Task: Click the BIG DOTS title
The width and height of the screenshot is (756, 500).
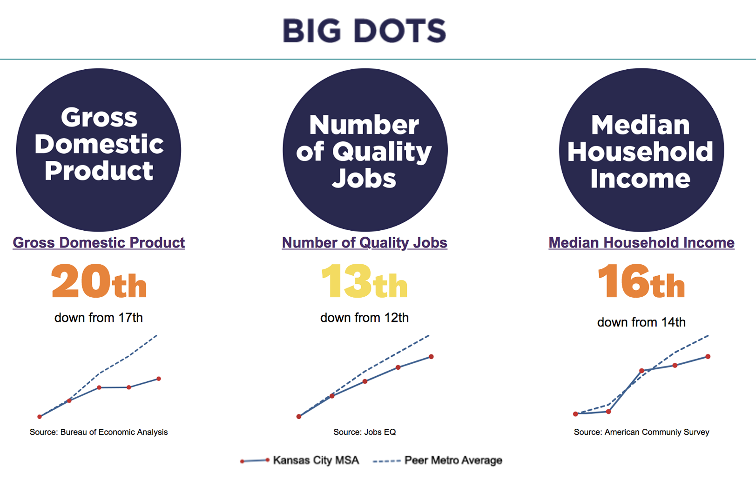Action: click(x=364, y=31)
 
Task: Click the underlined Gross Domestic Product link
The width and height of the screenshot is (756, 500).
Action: click(x=99, y=243)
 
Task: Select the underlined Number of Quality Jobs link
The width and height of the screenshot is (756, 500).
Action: click(x=364, y=243)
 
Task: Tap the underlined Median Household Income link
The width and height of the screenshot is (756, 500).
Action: click(x=641, y=243)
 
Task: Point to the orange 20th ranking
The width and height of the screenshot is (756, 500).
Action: click(x=99, y=281)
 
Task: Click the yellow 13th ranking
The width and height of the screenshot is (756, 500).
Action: click(x=364, y=281)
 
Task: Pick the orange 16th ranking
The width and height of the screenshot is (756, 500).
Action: click(x=641, y=281)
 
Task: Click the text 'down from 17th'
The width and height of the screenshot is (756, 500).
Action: click(x=99, y=318)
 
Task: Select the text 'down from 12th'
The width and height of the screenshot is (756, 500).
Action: click(x=364, y=318)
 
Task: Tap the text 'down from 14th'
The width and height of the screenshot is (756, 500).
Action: click(x=641, y=322)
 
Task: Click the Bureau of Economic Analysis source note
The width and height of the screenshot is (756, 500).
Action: click(x=99, y=432)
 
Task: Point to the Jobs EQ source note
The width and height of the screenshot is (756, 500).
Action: click(x=364, y=432)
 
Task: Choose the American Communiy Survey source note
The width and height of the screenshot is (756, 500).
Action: click(x=641, y=432)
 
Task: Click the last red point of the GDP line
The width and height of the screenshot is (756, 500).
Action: click(x=159, y=379)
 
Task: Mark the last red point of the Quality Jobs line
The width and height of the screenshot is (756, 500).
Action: click(x=432, y=357)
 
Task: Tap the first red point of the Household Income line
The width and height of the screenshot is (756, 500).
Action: click(x=576, y=414)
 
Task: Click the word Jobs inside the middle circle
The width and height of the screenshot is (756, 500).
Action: click(x=364, y=179)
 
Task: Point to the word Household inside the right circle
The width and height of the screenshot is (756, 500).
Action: click(x=640, y=152)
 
